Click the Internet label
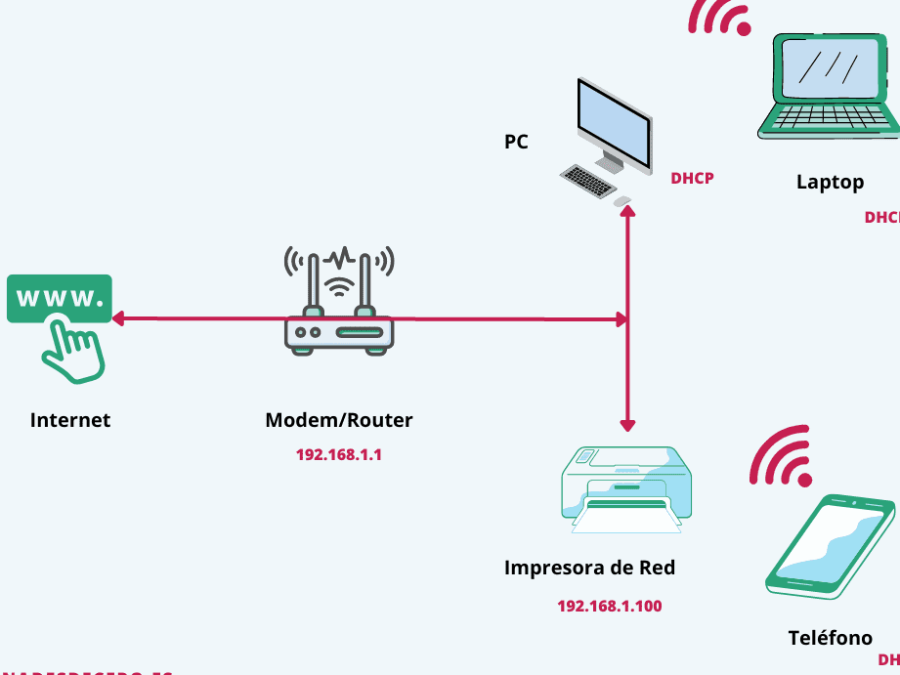[x=70, y=420]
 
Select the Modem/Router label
[x=339, y=420]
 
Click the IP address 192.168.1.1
[x=338, y=454]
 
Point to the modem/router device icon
[x=339, y=303]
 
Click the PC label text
[x=516, y=142]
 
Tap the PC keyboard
[x=587, y=180]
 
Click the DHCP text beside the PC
[x=692, y=179]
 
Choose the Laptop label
[x=830, y=182]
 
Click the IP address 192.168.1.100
[x=609, y=606]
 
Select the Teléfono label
[x=830, y=638]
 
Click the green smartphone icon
[x=831, y=547]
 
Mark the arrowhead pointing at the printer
[x=627, y=425]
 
